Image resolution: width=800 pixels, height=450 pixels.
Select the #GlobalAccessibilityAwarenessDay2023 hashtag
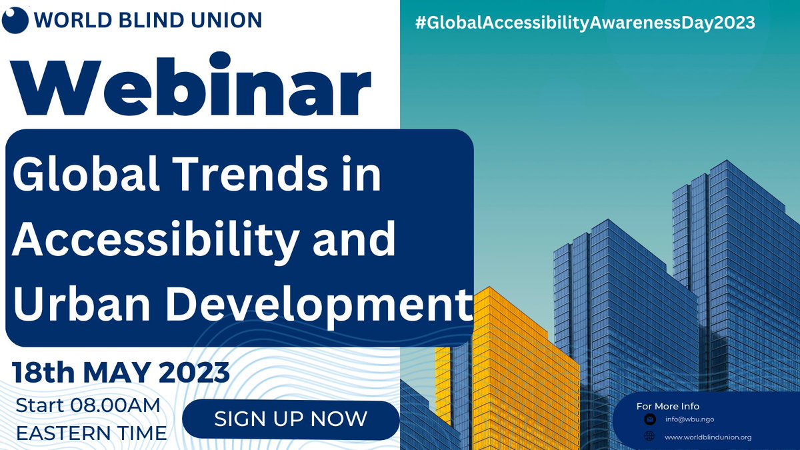click(585, 22)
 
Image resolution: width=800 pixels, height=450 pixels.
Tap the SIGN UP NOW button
click(291, 419)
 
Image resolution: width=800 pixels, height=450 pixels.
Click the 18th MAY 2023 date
click(121, 372)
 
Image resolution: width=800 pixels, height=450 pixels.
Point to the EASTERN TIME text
click(91, 433)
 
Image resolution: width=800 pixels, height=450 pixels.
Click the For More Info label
click(667, 406)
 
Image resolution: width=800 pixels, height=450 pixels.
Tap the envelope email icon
click(649, 420)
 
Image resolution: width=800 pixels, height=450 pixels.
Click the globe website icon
click(649, 437)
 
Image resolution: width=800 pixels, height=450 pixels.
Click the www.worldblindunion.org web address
click(708, 437)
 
